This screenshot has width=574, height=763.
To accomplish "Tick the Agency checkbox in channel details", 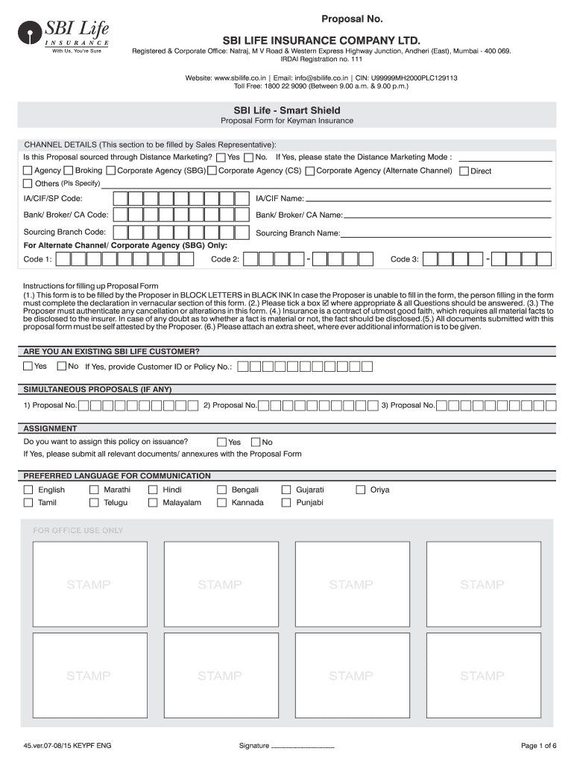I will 28,171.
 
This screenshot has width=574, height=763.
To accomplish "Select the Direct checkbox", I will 464,171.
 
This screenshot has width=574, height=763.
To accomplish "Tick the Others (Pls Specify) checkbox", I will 28,183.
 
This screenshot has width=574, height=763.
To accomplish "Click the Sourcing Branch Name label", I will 297,233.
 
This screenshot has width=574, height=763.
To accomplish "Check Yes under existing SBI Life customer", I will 28,366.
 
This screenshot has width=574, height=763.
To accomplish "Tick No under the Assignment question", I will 256,442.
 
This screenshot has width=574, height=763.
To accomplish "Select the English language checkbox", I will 28,490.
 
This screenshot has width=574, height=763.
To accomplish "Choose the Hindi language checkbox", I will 153,490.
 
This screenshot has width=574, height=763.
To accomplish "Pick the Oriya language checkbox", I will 361,490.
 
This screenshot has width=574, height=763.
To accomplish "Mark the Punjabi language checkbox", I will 286,503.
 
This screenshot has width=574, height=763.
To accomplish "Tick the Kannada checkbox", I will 222,503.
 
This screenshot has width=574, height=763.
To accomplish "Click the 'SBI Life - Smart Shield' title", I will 286,110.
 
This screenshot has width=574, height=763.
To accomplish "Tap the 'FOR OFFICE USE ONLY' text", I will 78,531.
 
